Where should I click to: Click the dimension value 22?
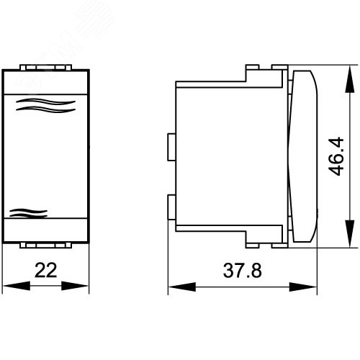click(x=45, y=270)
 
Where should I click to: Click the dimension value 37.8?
click(x=243, y=271)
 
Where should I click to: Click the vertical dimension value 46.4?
click(x=336, y=156)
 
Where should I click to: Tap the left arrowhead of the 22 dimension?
click(x=17, y=286)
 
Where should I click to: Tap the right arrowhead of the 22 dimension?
click(x=75, y=286)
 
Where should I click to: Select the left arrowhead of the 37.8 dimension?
click(x=182, y=287)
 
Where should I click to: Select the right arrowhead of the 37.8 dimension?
click(x=303, y=287)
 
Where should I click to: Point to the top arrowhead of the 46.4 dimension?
click(x=350, y=79)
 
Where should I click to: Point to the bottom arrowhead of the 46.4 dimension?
click(x=350, y=233)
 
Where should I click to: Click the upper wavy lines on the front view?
click(x=45, y=105)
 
